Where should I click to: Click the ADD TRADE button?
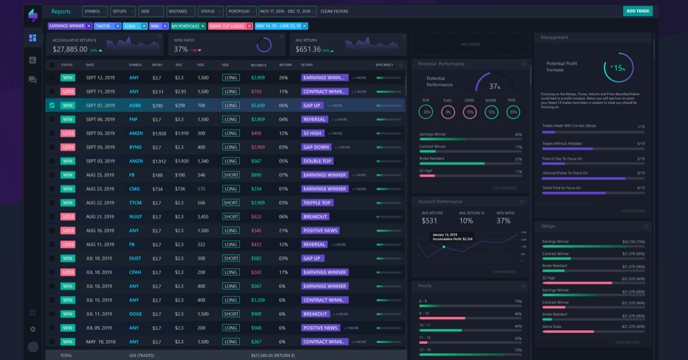(x=638, y=11)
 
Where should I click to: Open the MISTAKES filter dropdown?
(x=181, y=11)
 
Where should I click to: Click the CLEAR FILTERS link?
(x=334, y=11)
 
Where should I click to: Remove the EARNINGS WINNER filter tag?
(x=89, y=26)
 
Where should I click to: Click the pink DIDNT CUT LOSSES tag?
(x=226, y=26)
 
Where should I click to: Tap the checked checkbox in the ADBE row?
(x=52, y=105)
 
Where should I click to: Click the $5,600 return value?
(x=257, y=105)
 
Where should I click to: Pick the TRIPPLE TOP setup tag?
(x=317, y=203)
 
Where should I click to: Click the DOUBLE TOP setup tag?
(x=317, y=161)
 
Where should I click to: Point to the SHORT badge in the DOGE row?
(x=231, y=314)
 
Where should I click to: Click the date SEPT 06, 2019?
(x=100, y=119)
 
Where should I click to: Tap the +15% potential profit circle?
(x=618, y=68)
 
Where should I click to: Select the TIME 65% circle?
(x=513, y=112)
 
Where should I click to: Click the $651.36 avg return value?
(x=308, y=49)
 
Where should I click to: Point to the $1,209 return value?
(x=257, y=300)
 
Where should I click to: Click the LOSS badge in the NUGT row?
(x=68, y=217)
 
